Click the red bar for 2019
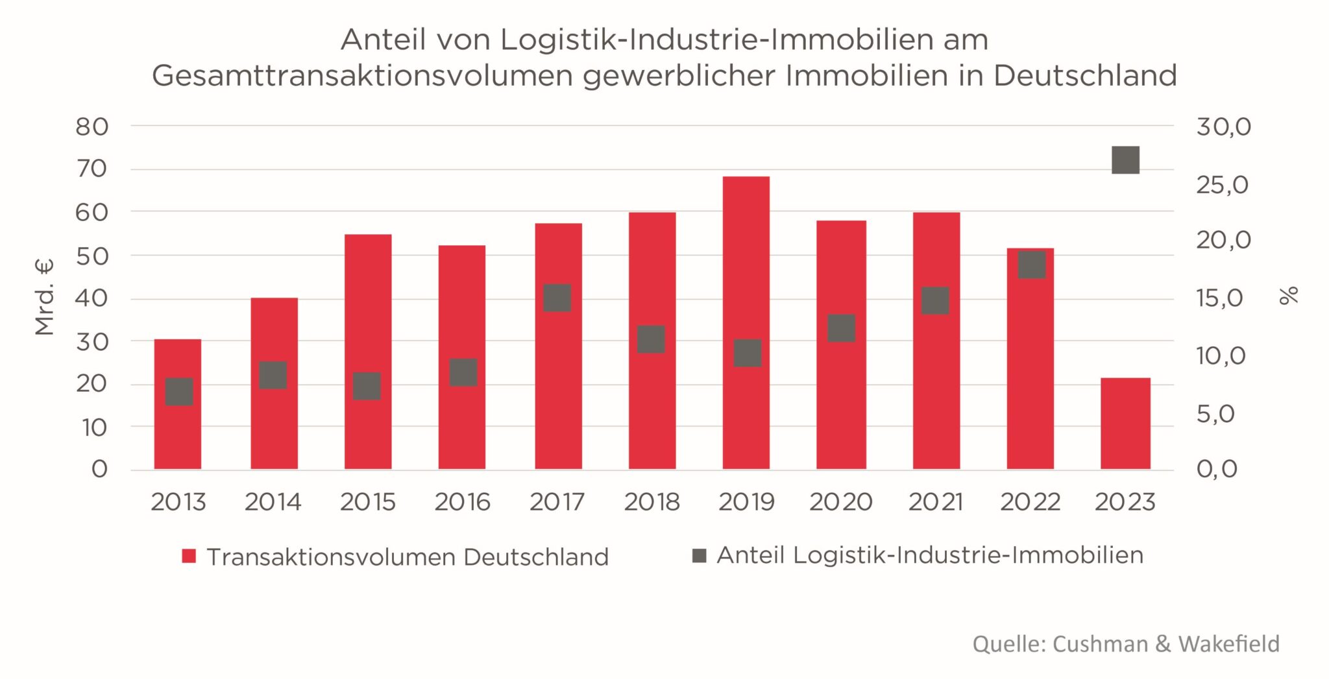click(746, 259)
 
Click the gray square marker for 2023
click(1125, 160)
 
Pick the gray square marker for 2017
click(557, 298)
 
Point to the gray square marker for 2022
click(1031, 265)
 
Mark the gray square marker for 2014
click(273, 375)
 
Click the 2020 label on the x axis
click(840, 502)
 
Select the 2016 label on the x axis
click(462, 502)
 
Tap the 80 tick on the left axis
click(92, 127)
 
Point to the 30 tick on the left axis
click(92, 342)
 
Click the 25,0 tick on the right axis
click(1223, 185)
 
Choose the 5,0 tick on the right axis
click(1215, 414)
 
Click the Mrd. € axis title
click(44, 296)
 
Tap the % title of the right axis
click(1289, 295)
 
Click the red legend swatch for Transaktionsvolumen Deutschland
click(189, 556)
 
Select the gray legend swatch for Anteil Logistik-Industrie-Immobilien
click(699, 555)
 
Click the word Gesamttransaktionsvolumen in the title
click(363, 76)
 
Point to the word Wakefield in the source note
click(1228, 644)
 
